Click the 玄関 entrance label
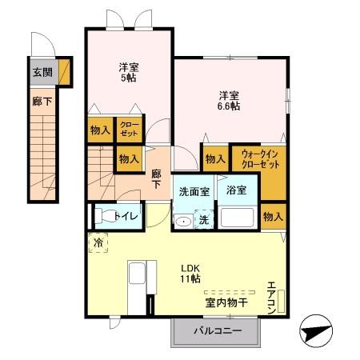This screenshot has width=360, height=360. [42, 71]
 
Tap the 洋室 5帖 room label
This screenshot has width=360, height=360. [128, 72]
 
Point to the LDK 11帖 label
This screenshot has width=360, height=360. [190, 272]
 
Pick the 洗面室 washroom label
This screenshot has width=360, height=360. [193, 192]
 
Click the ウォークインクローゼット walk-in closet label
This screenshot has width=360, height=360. [260, 158]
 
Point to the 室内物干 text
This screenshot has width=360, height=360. [226, 302]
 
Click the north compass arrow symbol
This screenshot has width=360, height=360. [315, 330]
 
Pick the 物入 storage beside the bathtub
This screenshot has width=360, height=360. [273, 215]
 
